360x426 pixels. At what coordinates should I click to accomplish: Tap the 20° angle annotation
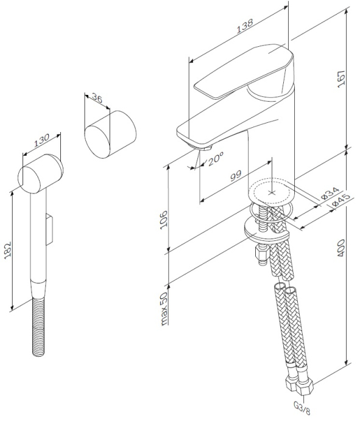(x=215, y=160)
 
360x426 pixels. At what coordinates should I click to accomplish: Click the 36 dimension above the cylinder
(x=96, y=97)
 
